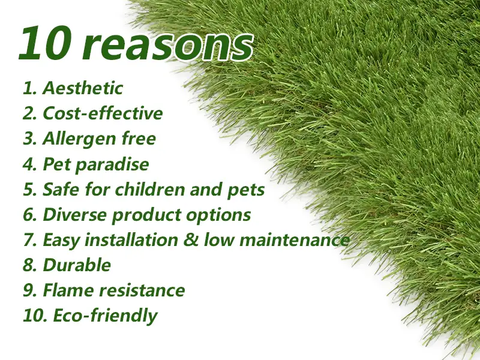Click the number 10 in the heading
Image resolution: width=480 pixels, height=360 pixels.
tap(46, 43)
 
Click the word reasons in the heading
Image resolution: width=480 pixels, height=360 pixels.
tap(167, 47)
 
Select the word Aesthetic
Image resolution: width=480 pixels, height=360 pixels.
tap(83, 88)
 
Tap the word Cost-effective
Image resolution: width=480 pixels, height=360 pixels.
tap(103, 113)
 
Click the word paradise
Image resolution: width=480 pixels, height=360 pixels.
tap(112, 165)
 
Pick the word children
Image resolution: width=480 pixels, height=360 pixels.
tap(149, 190)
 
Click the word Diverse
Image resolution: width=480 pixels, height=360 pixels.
tap(75, 215)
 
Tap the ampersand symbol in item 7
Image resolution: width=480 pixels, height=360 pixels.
tap(191, 240)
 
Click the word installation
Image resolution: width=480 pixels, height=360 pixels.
tap(131, 240)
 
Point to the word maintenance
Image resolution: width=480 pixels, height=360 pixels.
tap(295, 241)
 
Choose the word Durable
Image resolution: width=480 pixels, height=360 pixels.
tap(77, 265)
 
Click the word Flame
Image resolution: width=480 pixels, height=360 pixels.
tap(68, 290)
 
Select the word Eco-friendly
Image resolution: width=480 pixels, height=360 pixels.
tap(106, 316)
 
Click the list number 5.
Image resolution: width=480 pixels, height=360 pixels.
tap(30, 190)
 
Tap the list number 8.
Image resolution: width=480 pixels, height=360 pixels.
tap(30, 265)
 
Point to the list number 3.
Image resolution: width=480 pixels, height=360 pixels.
tap(30, 139)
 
